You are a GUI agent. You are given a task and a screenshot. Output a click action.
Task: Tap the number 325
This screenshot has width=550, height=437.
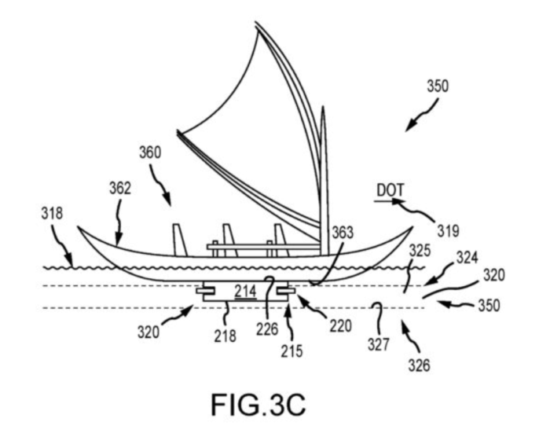[x=420, y=250]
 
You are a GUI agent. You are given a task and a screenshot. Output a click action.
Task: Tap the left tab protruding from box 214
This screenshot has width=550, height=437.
[x=207, y=292]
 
